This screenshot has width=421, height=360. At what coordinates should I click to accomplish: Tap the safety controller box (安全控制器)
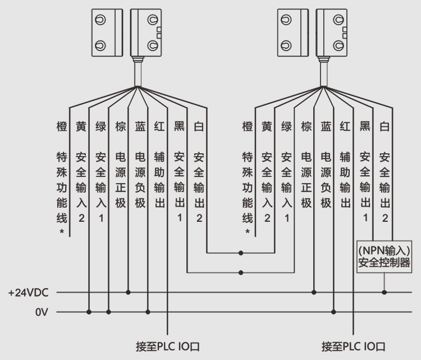pyautogui.click(x=385, y=256)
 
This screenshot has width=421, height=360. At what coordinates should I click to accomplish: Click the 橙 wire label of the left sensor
pyautogui.click(x=62, y=127)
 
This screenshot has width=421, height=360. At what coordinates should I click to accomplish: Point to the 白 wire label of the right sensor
pyautogui.click(x=385, y=127)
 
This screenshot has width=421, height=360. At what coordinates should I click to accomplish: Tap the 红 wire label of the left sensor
pyautogui.click(x=159, y=127)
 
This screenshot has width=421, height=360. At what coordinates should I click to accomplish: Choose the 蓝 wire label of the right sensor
pyautogui.click(x=326, y=127)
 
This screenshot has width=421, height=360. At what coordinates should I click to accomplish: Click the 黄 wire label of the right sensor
pyautogui.click(x=267, y=127)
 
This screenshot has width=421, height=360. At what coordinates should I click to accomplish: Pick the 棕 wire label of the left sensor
pyautogui.click(x=120, y=127)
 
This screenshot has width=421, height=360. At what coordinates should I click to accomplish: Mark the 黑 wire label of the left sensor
pyautogui.click(x=179, y=127)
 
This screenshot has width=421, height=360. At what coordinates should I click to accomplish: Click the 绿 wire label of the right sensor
pyautogui.click(x=286, y=127)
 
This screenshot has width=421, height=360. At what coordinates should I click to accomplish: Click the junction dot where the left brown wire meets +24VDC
pyautogui.click(x=129, y=292)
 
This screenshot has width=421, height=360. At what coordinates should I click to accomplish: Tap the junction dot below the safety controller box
pyautogui.click(x=384, y=292)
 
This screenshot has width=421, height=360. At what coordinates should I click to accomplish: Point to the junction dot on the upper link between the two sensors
pyautogui.click(x=241, y=253)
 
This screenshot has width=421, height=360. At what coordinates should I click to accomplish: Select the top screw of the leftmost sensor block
pyautogui.click(x=99, y=20)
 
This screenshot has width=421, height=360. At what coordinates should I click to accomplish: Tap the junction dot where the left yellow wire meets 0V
pyautogui.click(x=89, y=312)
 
